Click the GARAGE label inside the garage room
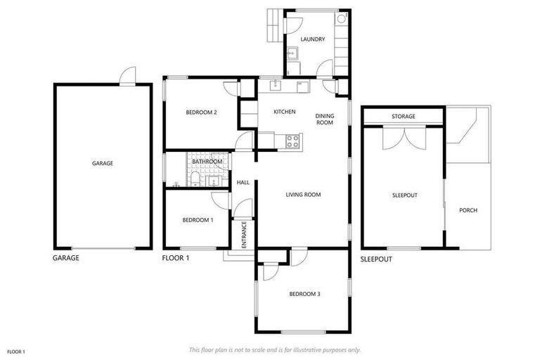click(103, 163)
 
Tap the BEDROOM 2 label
click(201, 112)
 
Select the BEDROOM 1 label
click(198, 220)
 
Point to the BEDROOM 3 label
click(304, 294)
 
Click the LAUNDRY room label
click(312, 39)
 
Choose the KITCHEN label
click(284, 112)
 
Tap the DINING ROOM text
click(324, 119)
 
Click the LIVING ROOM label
click(303, 195)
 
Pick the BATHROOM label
click(207, 162)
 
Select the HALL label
click(243, 183)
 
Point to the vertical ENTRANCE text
click(244, 234)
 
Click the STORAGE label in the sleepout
click(404, 117)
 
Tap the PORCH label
click(468, 210)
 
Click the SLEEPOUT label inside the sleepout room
click(404, 195)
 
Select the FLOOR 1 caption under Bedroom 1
click(176, 258)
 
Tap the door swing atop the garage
click(127, 76)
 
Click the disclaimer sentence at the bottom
click(275, 349)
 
